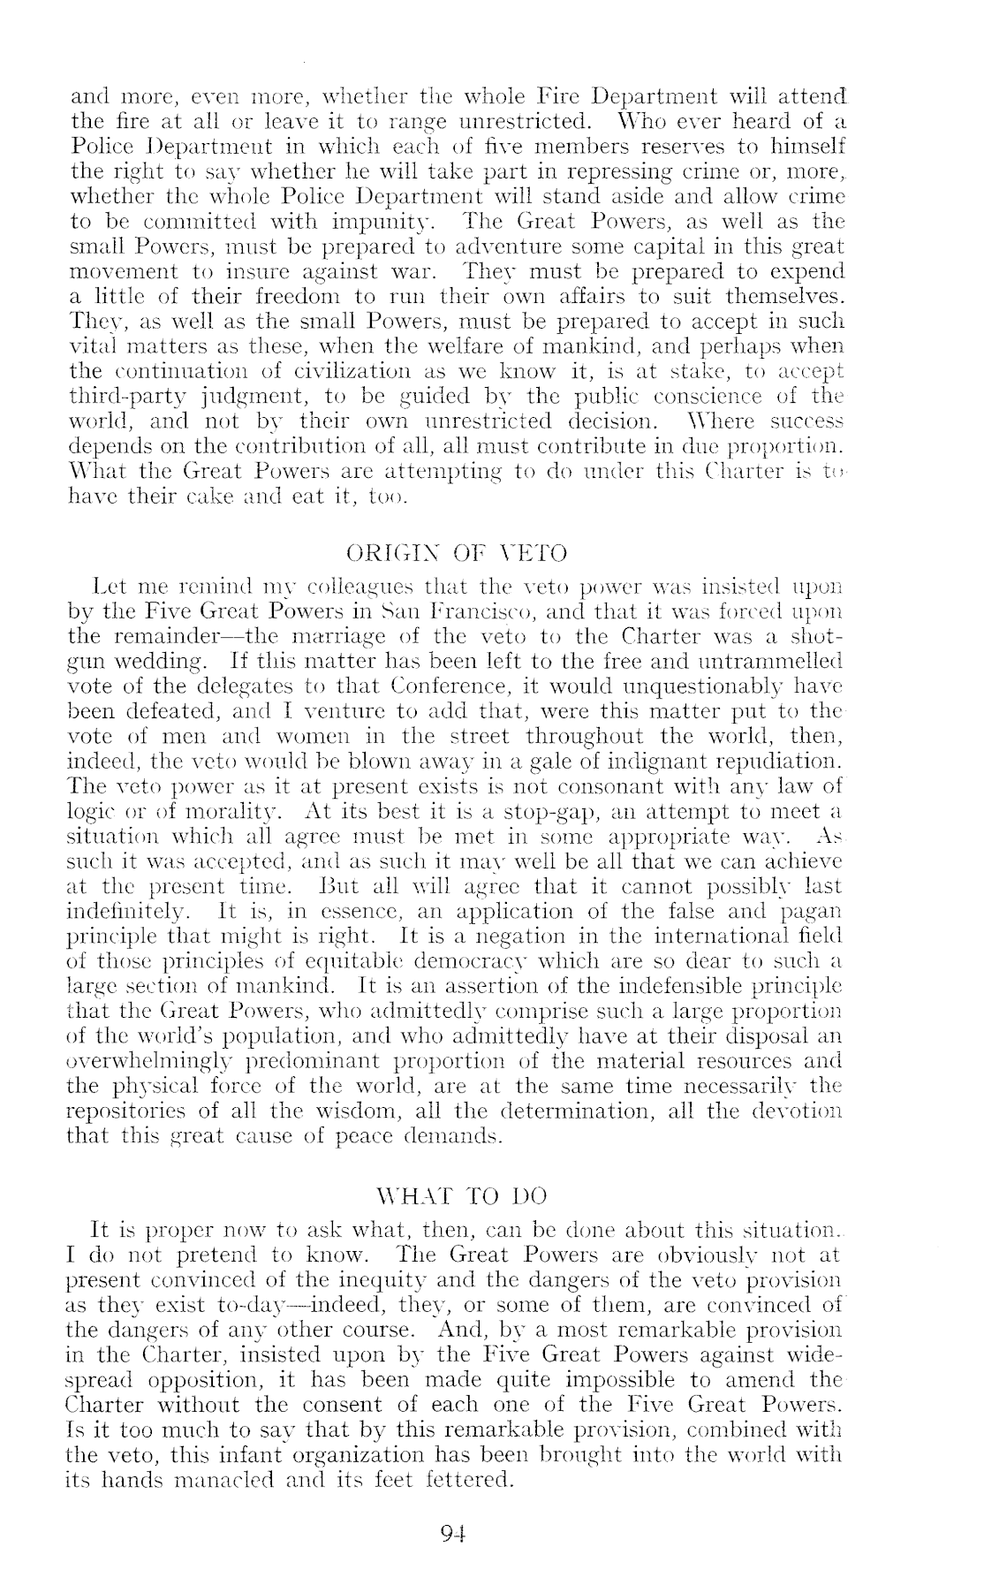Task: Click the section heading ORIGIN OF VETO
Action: click(457, 554)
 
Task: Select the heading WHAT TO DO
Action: click(461, 1196)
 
